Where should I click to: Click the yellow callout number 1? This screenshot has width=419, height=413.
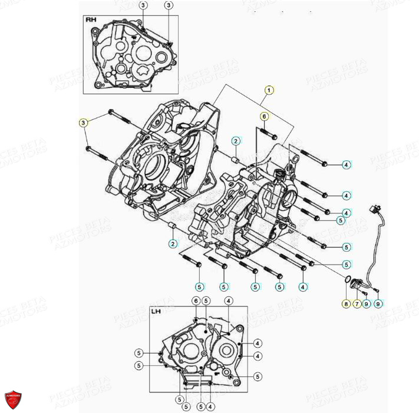point(269,90)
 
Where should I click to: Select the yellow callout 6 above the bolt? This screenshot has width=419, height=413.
point(264,116)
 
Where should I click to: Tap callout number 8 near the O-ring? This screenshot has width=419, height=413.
point(346,304)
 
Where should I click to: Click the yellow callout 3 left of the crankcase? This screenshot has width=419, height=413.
point(84,123)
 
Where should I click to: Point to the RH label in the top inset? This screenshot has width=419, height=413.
point(91,20)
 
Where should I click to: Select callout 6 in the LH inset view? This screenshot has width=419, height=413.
point(195,301)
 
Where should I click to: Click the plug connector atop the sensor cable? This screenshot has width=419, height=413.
point(373,209)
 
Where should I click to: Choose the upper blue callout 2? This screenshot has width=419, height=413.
point(235,141)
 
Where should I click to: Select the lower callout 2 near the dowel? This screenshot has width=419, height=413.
point(173,244)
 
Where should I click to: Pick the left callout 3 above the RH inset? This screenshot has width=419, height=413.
point(143,5)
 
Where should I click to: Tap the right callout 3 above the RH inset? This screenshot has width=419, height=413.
point(169,5)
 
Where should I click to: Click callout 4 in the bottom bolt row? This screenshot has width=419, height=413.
point(303,287)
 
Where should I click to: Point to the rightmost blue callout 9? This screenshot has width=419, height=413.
point(378,304)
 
